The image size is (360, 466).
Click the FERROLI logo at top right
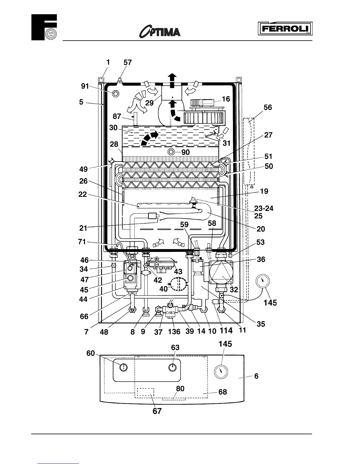coord(285,29)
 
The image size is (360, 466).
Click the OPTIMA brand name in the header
coord(160,31)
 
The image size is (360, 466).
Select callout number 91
coord(85,86)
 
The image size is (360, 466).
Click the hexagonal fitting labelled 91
coord(116,94)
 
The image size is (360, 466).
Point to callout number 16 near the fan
coord(226,99)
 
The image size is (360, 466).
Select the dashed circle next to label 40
coord(179,284)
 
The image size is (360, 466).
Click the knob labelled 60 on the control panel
coord(124,367)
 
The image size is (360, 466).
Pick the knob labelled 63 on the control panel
coord(173,367)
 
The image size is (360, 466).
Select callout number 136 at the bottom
coord(174,332)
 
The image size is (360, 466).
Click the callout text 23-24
coord(264,209)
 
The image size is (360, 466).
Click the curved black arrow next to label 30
coord(149,138)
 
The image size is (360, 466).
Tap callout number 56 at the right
coord(268,107)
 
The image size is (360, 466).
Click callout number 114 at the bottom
coord(226,331)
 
